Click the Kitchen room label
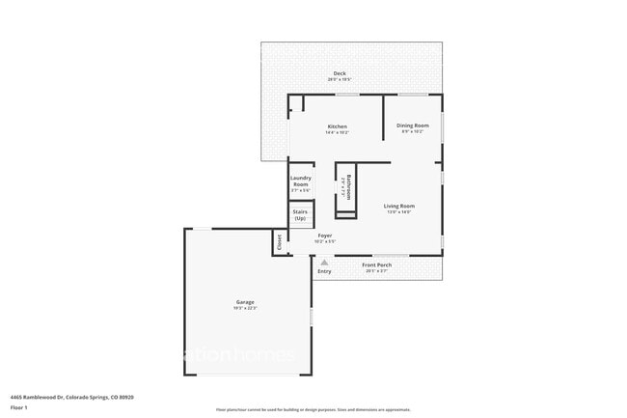click(337, 126)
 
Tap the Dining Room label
click(414, 125)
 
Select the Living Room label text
click(398, 206)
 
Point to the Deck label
click(340, 73)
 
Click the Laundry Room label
click(301, 181)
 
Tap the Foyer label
click(325, 234)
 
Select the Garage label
click(245, 302)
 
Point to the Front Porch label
click(376, 265)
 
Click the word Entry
click(324, 271)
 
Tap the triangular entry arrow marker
click(324, 261)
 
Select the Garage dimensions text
click(245, 309)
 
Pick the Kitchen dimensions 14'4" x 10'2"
click(337, 132)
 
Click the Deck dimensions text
click(340, 79)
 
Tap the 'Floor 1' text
click(19, 408)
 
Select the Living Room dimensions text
click(398, 211)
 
